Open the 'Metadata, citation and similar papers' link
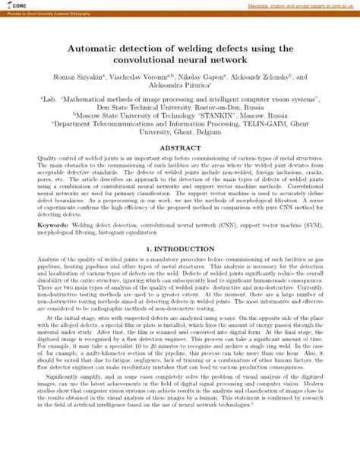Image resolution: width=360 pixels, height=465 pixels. coord(303,5)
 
